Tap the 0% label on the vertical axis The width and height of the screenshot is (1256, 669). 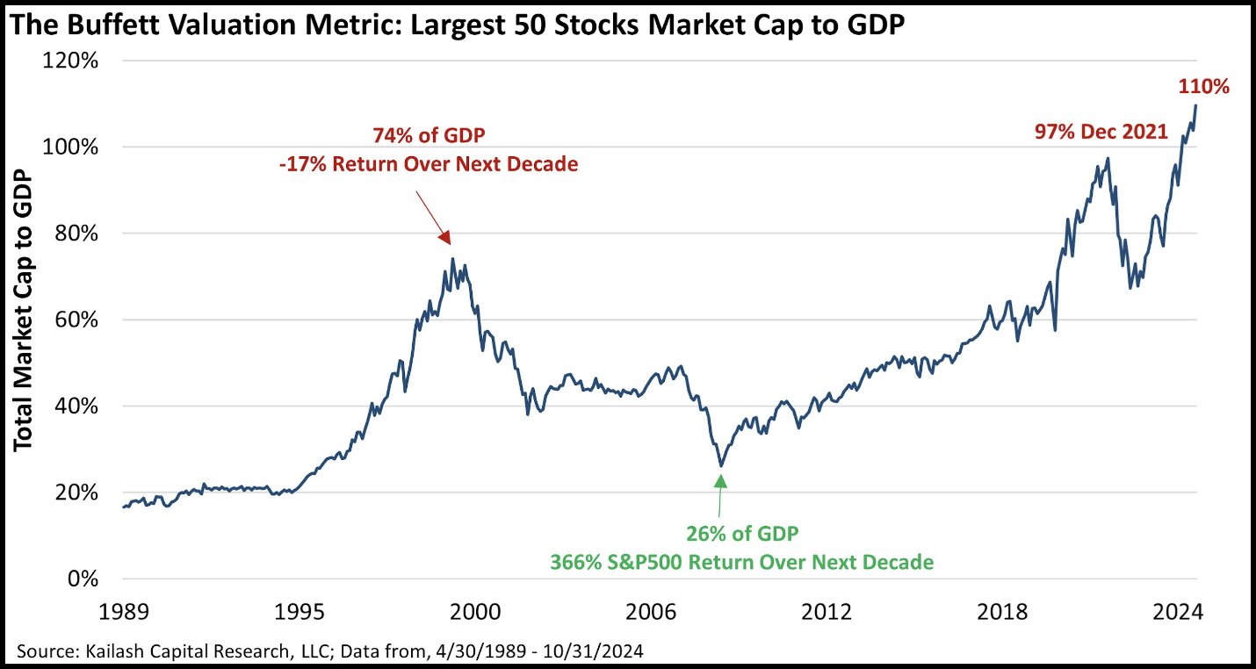[85, 579]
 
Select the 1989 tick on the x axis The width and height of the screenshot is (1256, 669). [123, 611]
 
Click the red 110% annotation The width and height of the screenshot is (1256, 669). [1202, 86]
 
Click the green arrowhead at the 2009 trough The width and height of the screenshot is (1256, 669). [720, 480]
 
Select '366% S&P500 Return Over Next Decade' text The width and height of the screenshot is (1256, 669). [742, 562]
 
